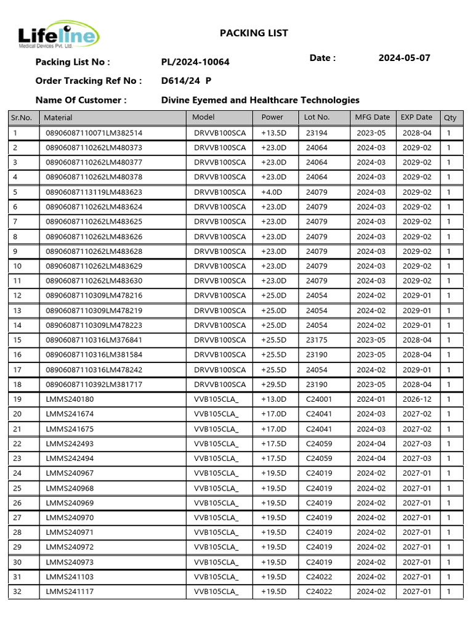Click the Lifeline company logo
click(58, 37)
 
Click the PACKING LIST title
click(254, 33)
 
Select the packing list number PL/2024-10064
click(195, 62)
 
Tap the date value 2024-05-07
click(404, 59)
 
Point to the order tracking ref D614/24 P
click(186, 81)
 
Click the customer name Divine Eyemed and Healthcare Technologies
click(260, 100)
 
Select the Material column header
click(59, 117)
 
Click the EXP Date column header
click(416, 117)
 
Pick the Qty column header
click(450, 117)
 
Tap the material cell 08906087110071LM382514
click(94, 133)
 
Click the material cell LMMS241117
click(70, 592)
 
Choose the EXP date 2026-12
click(417, 399)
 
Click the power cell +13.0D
click(273, 399)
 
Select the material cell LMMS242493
click(70, 444)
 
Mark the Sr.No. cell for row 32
click(17, 592)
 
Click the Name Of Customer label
click(81, 100)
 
